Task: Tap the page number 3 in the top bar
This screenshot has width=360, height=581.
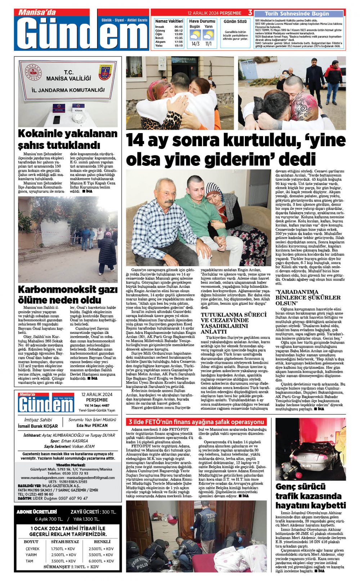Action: click(250, 13)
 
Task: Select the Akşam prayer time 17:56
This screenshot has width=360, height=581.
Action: click(179, 42)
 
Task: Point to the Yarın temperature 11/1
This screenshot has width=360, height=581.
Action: click(208, 44)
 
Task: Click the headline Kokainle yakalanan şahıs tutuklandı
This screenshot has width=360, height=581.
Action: click(68, 139)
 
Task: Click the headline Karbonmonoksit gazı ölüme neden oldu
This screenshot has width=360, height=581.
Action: click(68, 295)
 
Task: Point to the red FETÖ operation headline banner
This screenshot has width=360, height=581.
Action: click(197, 422)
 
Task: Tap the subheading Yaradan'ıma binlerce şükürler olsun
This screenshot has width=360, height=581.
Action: click(308, 298)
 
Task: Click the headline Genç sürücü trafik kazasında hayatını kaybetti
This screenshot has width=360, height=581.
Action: click(310, 496)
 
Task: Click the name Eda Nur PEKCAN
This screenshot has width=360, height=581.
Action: click(92, 425)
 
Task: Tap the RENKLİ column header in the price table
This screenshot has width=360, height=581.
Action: click(102, 541)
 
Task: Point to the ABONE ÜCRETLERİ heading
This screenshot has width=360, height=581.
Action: click(37, 512)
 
